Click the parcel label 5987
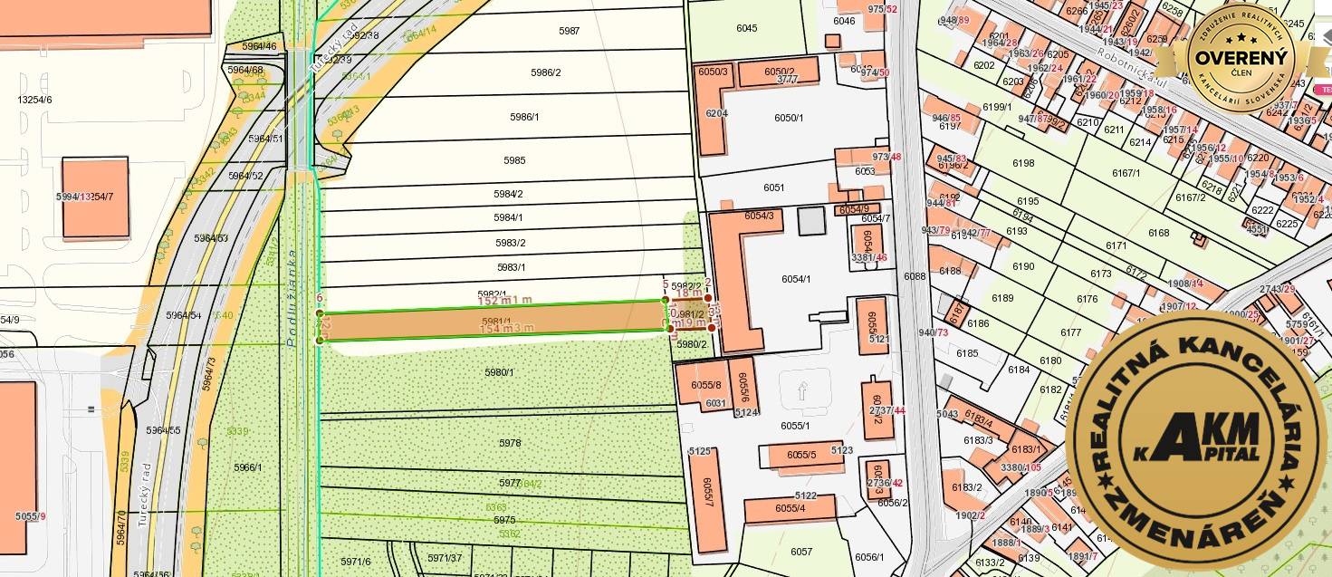click(x=569, y=31)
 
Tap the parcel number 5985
click(x=514, y=160)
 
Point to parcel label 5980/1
click(x=499, y=372)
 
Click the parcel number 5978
click(x=510, y=443)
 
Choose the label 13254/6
click(x=34, y=100)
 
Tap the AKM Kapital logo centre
click(x=1195, y=440)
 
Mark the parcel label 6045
click(x=746, y=28)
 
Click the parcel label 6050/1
click(x=789, y=118)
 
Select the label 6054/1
click(x=796, y=279)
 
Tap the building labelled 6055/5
click(x=801, y=455)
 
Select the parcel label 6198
click(x=1023, y=163)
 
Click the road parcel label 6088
click(x=915, y=276)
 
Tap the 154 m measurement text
click(x=504, y=328)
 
